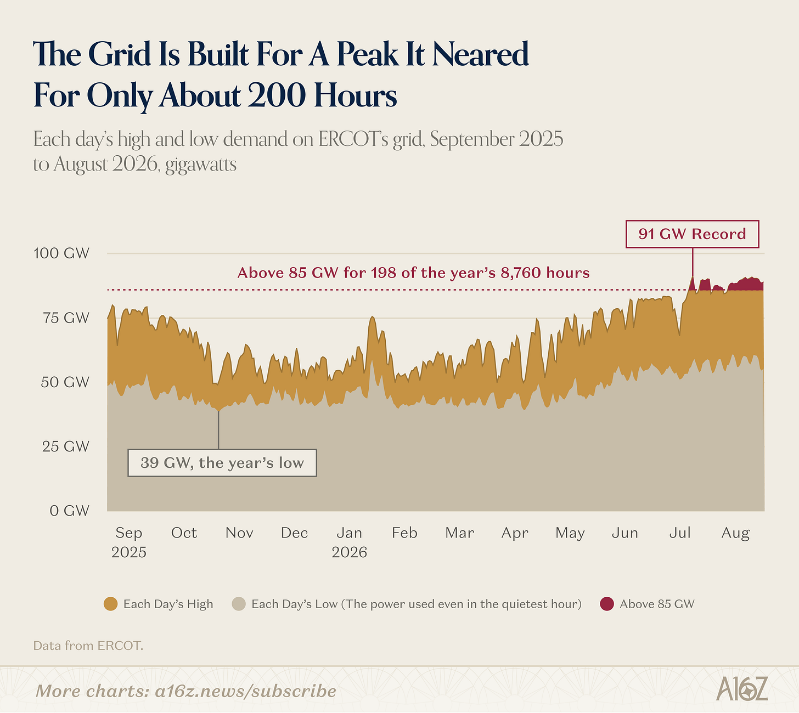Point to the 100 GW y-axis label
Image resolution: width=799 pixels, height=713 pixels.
pos(61,253)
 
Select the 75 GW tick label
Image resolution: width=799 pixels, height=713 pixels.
pos(66,318)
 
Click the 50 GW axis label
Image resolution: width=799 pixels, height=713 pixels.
pos(65,382)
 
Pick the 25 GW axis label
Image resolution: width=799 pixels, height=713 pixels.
pos(66,446)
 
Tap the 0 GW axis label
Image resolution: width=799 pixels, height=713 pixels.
pos(69,511)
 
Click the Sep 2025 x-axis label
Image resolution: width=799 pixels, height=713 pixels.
pos(128,542)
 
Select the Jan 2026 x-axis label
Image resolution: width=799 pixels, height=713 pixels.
pos(349,542)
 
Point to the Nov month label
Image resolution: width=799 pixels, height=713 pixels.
pos(239,533)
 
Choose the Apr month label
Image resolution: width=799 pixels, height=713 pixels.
pos(515,533)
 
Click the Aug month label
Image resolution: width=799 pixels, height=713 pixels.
pos(735,533)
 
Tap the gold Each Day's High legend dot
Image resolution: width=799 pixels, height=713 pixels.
pos(110,604)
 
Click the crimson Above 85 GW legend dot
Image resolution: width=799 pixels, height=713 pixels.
pos(607,604)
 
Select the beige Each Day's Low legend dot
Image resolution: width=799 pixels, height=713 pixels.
pos(239,604)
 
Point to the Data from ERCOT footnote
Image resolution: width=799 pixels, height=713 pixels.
pos(88,646)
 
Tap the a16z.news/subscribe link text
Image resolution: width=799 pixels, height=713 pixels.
pos(245,691)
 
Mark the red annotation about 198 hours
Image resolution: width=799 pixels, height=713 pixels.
pos(413,273)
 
